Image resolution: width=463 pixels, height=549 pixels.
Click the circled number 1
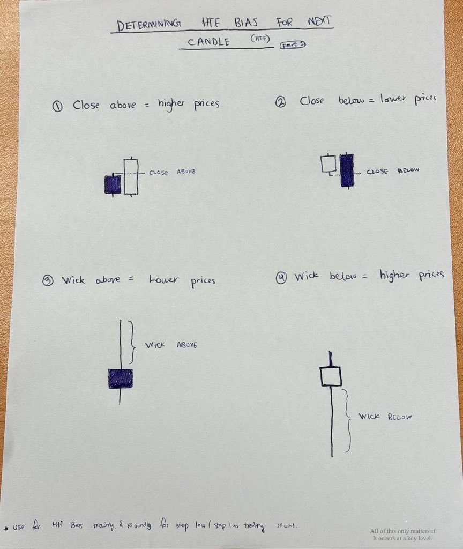pyautogui.click(x=57, y=106)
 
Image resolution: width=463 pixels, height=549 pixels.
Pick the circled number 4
pyautogui.click(x=282, y=277)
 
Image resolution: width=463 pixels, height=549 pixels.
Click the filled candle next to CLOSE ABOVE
pyautogui.click(x=112, y=184)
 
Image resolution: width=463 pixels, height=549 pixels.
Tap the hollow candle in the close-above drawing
pyautogui.click(x=130, y=176)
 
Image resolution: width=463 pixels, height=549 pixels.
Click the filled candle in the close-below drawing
pyautogui.click(x=347, y=170)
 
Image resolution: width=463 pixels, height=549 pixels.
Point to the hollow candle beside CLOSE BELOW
pyautogui.click(x=328, y=164)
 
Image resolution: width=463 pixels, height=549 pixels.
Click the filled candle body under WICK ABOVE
pyautogui.click(x=120, y=379)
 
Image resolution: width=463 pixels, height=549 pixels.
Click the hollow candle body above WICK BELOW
pyautogui.click(x=331, y=376)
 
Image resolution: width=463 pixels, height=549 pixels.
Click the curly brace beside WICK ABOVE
pyautogui.click(x=131, y=342)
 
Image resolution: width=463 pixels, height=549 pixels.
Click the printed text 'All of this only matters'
pyautogui.click(x=402, y=531)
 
